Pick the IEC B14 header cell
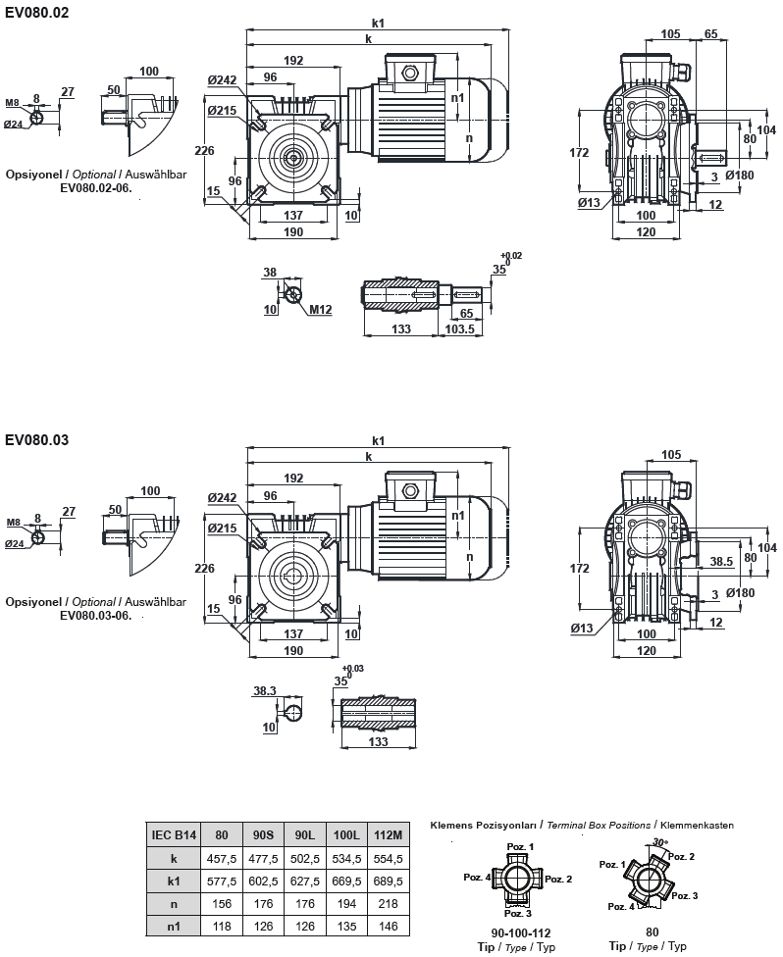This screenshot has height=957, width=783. tap(175, 835)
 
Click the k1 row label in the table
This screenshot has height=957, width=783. tap(175, 881)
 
